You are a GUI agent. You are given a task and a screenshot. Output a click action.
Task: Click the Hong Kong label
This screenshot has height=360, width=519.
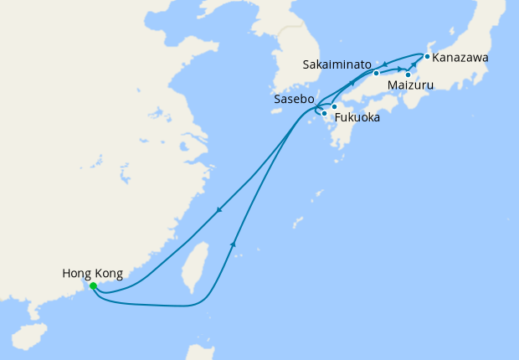coord(92,273)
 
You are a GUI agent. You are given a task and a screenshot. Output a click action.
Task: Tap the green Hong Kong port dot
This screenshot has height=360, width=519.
coord(93,285)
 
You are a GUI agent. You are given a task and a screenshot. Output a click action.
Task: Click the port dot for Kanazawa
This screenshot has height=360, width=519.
coord(427,57)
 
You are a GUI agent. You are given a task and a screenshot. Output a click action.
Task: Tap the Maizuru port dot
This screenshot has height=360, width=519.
coord(408,75)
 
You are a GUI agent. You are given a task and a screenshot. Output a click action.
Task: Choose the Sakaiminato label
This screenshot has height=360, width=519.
coord(337,64)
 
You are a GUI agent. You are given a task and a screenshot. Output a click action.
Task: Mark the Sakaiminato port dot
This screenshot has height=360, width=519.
coord(377,73)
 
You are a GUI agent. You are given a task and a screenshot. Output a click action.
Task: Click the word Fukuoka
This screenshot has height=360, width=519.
coord(357,118)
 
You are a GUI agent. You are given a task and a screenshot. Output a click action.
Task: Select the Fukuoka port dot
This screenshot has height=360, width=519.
coord(334,106)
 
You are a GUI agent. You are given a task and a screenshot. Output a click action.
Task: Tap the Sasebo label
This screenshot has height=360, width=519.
coord(294,99)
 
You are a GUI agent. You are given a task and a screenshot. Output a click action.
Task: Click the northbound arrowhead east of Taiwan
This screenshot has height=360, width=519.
coord(232,244)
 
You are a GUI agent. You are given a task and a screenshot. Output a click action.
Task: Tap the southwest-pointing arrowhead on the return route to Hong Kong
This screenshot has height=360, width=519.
coord(218,210)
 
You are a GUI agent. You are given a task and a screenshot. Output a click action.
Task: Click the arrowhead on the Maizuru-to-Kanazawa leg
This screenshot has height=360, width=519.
coord(414,64)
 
